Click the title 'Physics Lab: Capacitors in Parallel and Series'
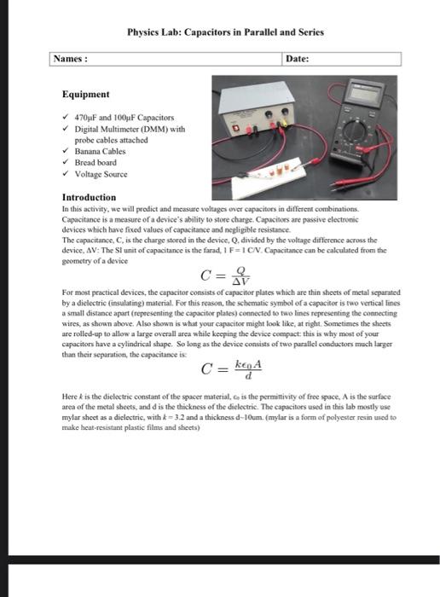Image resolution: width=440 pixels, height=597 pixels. pos(225,32)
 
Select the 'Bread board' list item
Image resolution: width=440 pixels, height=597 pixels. pos(96,163)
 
